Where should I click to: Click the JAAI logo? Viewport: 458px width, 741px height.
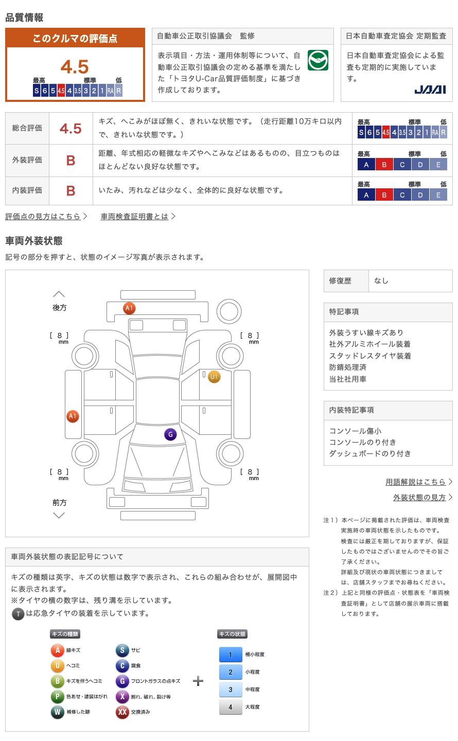(430, 90)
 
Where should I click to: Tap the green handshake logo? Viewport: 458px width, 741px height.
(318, 60)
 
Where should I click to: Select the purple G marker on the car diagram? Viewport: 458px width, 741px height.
(170, 434)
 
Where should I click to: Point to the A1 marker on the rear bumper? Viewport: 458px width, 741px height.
(129, 308)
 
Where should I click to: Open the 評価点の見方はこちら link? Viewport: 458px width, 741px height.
(43, 217)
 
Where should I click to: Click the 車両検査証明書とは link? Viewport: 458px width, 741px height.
(134, 217)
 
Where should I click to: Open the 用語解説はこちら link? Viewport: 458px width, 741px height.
(415, 482)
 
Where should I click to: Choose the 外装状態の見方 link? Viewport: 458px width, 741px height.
(419, 498)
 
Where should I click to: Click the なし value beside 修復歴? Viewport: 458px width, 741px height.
(381, 281)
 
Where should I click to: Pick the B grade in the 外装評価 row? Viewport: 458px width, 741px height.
(71, 161)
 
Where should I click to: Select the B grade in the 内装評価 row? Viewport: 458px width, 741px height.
(71, 191)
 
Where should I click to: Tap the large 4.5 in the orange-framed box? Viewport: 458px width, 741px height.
(75, 67)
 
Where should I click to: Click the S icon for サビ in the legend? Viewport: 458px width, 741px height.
(122, 650)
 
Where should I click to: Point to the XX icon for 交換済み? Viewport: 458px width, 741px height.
(122, 712)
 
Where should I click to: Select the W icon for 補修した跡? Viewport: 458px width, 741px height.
(57, 712)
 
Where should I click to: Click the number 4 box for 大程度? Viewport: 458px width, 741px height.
(231, 707)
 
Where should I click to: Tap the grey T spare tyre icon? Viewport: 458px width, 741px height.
(18, 613)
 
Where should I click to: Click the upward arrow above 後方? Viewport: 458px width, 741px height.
(59, 294)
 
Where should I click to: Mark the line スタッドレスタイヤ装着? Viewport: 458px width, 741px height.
(370, 356)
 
